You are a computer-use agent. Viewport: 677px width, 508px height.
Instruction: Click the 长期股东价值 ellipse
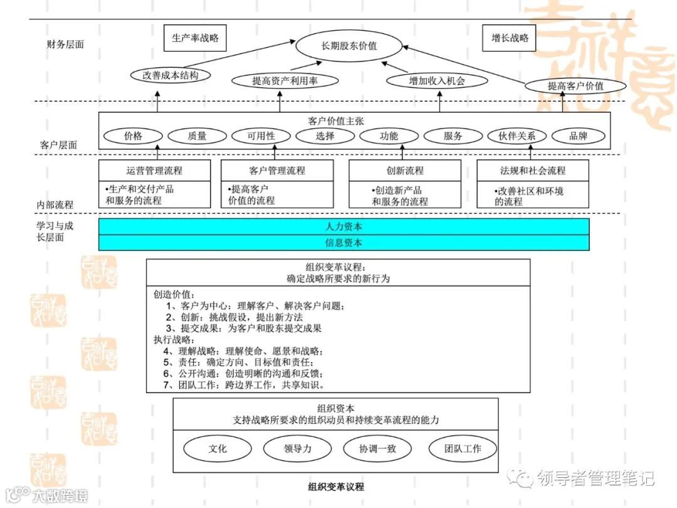click(x=349, y=46)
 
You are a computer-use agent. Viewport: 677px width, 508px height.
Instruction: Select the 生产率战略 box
click(x=195, y=38)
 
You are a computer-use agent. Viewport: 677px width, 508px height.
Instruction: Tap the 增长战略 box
click(x=510, y=38)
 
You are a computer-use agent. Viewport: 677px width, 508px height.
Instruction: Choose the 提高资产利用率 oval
click(x=285, y=80)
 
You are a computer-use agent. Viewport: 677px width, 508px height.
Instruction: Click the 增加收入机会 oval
click(x=438, y=80)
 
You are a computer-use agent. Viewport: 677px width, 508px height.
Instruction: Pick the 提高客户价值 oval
click(x=575, y=86)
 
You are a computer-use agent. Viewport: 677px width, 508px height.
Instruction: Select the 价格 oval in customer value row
click(x=133, y=136)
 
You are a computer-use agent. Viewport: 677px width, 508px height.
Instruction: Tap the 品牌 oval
click(x=578, y=136)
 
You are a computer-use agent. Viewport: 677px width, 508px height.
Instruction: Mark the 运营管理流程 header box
click(x=154, y=171)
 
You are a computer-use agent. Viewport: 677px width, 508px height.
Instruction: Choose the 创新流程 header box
click(x=404, y=171)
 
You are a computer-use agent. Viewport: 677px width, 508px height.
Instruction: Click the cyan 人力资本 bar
click(x=344, y=226)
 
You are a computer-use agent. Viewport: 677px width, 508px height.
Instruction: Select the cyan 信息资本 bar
click(x=344, y=243)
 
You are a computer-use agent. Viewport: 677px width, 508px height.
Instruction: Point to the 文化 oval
click(x=218, y=448)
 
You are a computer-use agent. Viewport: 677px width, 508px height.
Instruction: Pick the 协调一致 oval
click(x=377, y=448)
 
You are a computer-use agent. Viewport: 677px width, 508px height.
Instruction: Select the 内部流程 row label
click(x=55, y=204)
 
